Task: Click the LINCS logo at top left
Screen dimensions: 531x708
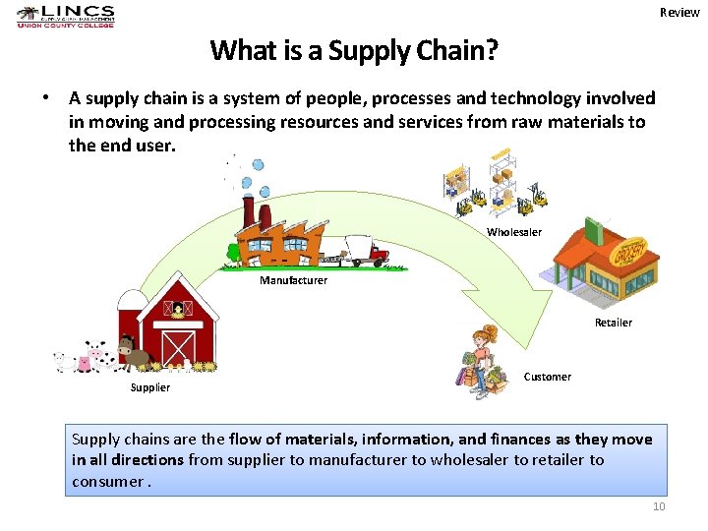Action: tap(65, 16)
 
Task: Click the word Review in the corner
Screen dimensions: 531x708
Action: tap(679, 13)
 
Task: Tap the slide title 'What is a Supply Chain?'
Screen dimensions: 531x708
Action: tap(354, 50)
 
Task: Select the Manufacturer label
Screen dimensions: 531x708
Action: tap(293, 281)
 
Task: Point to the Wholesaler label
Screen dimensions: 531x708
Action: tap(514, 232)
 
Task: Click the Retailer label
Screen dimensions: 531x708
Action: tap(614, 323)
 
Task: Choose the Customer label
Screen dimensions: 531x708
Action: tap(548, 377)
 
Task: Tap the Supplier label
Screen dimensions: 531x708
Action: tap(150, 387)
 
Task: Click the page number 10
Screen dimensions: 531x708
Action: tap(659, 506)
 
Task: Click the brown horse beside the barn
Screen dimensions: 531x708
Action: tap(134, 351)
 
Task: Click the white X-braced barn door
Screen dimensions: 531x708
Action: tap(178, 346)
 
